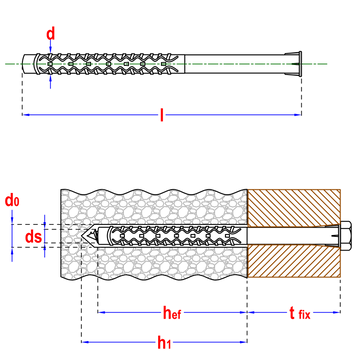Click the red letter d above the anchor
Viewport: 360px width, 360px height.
tap(50, 34)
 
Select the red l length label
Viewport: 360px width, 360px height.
tap(162, 115)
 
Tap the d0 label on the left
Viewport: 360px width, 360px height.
tap(12, 201)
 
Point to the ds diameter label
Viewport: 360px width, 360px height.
tap(34, 237)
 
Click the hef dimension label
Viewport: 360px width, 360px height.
tap(172, 313)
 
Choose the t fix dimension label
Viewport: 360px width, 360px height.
tap(299, 313)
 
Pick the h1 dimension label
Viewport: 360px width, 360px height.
tap(164, 342)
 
